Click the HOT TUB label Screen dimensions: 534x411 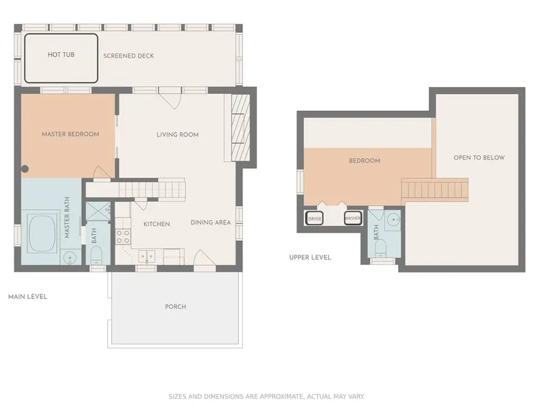click(61, 54)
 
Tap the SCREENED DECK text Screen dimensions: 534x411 click(128, 56)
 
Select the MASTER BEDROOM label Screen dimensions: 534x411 click(70, 134)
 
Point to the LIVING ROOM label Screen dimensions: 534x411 click(178, 134)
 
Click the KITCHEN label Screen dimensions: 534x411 click(156, 224)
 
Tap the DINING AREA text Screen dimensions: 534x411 click(211, 222)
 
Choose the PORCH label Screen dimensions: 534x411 click(176, 307)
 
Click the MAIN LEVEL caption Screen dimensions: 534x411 click(27, 296)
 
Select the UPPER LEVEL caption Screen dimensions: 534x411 click(310, 257)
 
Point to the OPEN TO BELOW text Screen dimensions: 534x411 click(479, 158)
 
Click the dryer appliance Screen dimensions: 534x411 click(314, 219)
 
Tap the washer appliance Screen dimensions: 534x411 click(353, 218)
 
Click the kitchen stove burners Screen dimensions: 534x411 click(123, 237)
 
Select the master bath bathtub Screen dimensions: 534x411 click(43, 233)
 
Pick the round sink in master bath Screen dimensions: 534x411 click(71, 257)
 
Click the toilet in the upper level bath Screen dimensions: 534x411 click(380, 248)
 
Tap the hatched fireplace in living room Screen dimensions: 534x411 click(240, 128)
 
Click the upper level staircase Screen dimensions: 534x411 click(434, 190)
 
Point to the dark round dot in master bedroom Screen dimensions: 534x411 click(25, 169)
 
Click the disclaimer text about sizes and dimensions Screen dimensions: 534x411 click(266, 397)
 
